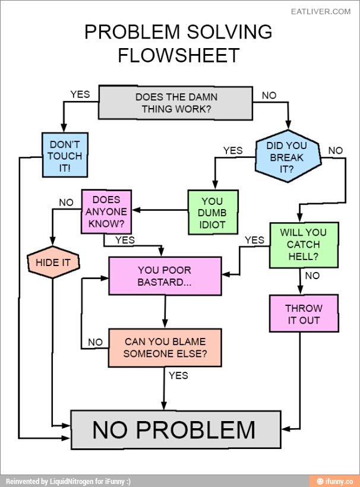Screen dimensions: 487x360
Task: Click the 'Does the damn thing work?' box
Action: (176, 103)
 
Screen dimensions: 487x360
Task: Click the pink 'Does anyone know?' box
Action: (106, 212)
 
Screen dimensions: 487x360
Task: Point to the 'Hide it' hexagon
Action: (53, 262)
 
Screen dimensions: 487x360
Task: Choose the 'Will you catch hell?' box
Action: (304, 244)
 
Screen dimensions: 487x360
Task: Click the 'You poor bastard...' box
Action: (165, 276)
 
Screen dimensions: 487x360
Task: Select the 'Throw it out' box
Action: (304, 314)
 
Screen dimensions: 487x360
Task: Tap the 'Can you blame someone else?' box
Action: (165, 347)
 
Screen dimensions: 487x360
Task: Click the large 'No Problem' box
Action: (175, 429)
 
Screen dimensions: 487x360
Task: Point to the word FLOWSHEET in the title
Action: (178, 55)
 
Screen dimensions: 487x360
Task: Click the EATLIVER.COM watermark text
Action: (321, 11)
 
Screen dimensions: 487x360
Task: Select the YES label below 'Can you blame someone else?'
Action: (178, 375)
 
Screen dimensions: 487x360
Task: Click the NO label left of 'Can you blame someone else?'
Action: (95, 342)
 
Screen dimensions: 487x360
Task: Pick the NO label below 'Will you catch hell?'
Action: (312, 276)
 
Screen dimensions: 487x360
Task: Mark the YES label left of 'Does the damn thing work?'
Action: (80, 94)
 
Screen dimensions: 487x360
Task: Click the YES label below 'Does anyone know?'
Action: (125, 241)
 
